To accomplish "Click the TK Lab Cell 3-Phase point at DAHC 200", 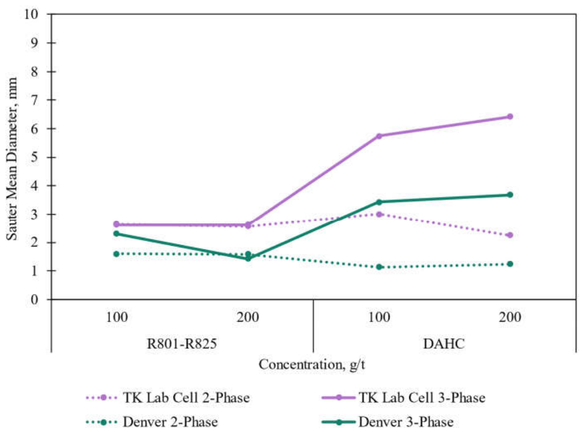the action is tap(510, 117).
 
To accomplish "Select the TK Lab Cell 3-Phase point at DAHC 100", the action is tap(379, 136).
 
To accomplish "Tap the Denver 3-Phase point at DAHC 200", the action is tap(510, 195).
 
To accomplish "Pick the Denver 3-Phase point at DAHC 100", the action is tap(379, 202).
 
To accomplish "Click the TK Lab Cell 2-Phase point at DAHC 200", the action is tap(510, 235).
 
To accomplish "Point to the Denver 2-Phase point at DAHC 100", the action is tap(379, 267).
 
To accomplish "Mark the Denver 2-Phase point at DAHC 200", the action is tap(510, 264).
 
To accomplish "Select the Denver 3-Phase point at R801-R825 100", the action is tap(116, 234).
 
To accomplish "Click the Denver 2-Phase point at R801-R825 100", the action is tap(116, 254).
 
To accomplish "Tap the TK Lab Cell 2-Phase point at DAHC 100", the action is tap(379, 214).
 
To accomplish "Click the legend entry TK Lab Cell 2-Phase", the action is tap(168, 398).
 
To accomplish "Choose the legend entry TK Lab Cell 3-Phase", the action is tap(404, 398).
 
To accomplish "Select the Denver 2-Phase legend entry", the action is tap(152, 422).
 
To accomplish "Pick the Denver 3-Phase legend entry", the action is tap(388, 422).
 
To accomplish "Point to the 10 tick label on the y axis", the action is tap(31, 14).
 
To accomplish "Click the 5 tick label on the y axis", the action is tap(35, 157).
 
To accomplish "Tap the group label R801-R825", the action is tap(182, 343).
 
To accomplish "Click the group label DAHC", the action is tap(444, 343).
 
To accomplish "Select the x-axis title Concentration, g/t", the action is tap(312, 364).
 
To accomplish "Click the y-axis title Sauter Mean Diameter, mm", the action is tap(12, 159).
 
